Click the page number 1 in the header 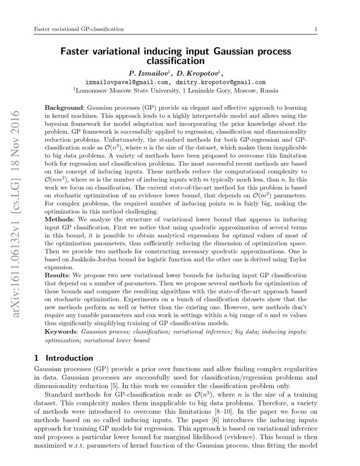tap(316, 29)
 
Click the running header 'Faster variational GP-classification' tap(79, 29)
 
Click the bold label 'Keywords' tap(61, 332)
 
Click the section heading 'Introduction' tap(69, 358)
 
